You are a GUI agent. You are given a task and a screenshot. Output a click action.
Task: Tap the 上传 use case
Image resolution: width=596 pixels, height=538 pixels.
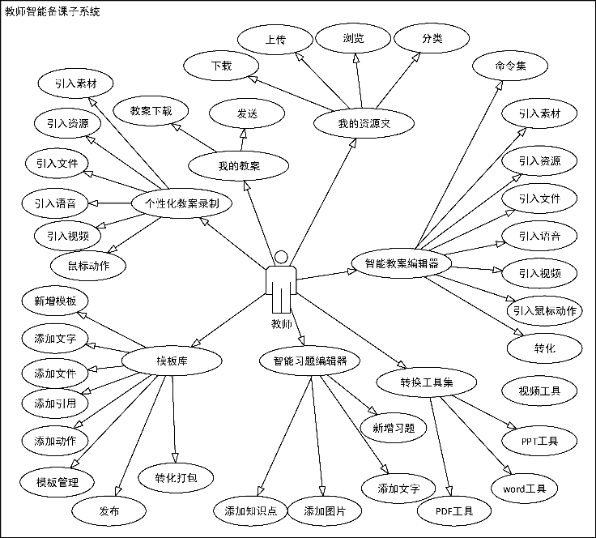tap(275, 39)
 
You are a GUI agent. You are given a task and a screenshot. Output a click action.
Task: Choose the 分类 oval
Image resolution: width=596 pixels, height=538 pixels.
tap(432, 38)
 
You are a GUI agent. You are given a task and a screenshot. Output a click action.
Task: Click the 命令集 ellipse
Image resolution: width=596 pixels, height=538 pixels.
tap(510, 66)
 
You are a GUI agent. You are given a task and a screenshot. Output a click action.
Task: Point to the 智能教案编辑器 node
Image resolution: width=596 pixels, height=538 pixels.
tap(402, 263)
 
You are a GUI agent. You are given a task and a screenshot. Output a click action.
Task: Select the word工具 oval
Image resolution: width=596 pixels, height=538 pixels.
tap(524, 488)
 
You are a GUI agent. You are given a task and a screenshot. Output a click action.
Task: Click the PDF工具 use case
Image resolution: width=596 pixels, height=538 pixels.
tap(455, 510)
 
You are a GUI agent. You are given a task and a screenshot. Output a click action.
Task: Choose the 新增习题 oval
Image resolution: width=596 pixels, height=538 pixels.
tap(394, 427)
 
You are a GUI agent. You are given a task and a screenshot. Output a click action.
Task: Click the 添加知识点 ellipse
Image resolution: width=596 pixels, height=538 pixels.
tap(251, 510)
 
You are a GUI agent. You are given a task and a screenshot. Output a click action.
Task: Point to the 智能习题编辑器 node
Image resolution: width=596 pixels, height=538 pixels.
tap(309, 361)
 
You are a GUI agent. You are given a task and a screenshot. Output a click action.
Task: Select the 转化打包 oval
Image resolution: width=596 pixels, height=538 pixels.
tap(176, 477)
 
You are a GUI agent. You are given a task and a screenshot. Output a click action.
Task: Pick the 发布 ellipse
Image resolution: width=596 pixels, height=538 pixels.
tap(109, 510)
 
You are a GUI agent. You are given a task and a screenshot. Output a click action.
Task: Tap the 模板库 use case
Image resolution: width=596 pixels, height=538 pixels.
tap(172, 361)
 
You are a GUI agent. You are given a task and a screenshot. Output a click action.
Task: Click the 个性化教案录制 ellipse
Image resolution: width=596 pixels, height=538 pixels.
tap(181, 203)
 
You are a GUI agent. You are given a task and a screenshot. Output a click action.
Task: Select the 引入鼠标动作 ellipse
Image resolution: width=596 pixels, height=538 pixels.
tap(544, 310)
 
